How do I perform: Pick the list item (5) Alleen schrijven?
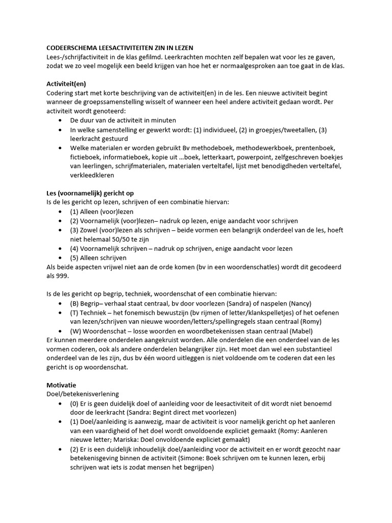pos(99,258)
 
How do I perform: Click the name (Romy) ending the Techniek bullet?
pos(310,322)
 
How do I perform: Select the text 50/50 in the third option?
pos(124,240)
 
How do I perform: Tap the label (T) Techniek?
pos(90,313)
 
